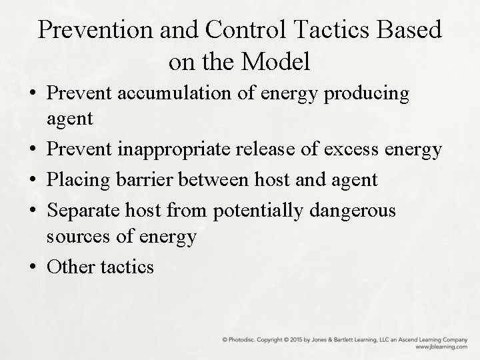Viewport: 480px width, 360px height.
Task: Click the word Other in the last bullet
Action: click(x=71, y=267)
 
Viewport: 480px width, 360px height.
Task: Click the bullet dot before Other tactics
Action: click(x=33, y=267)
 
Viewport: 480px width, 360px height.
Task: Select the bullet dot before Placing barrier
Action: click(x=33, y=179)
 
